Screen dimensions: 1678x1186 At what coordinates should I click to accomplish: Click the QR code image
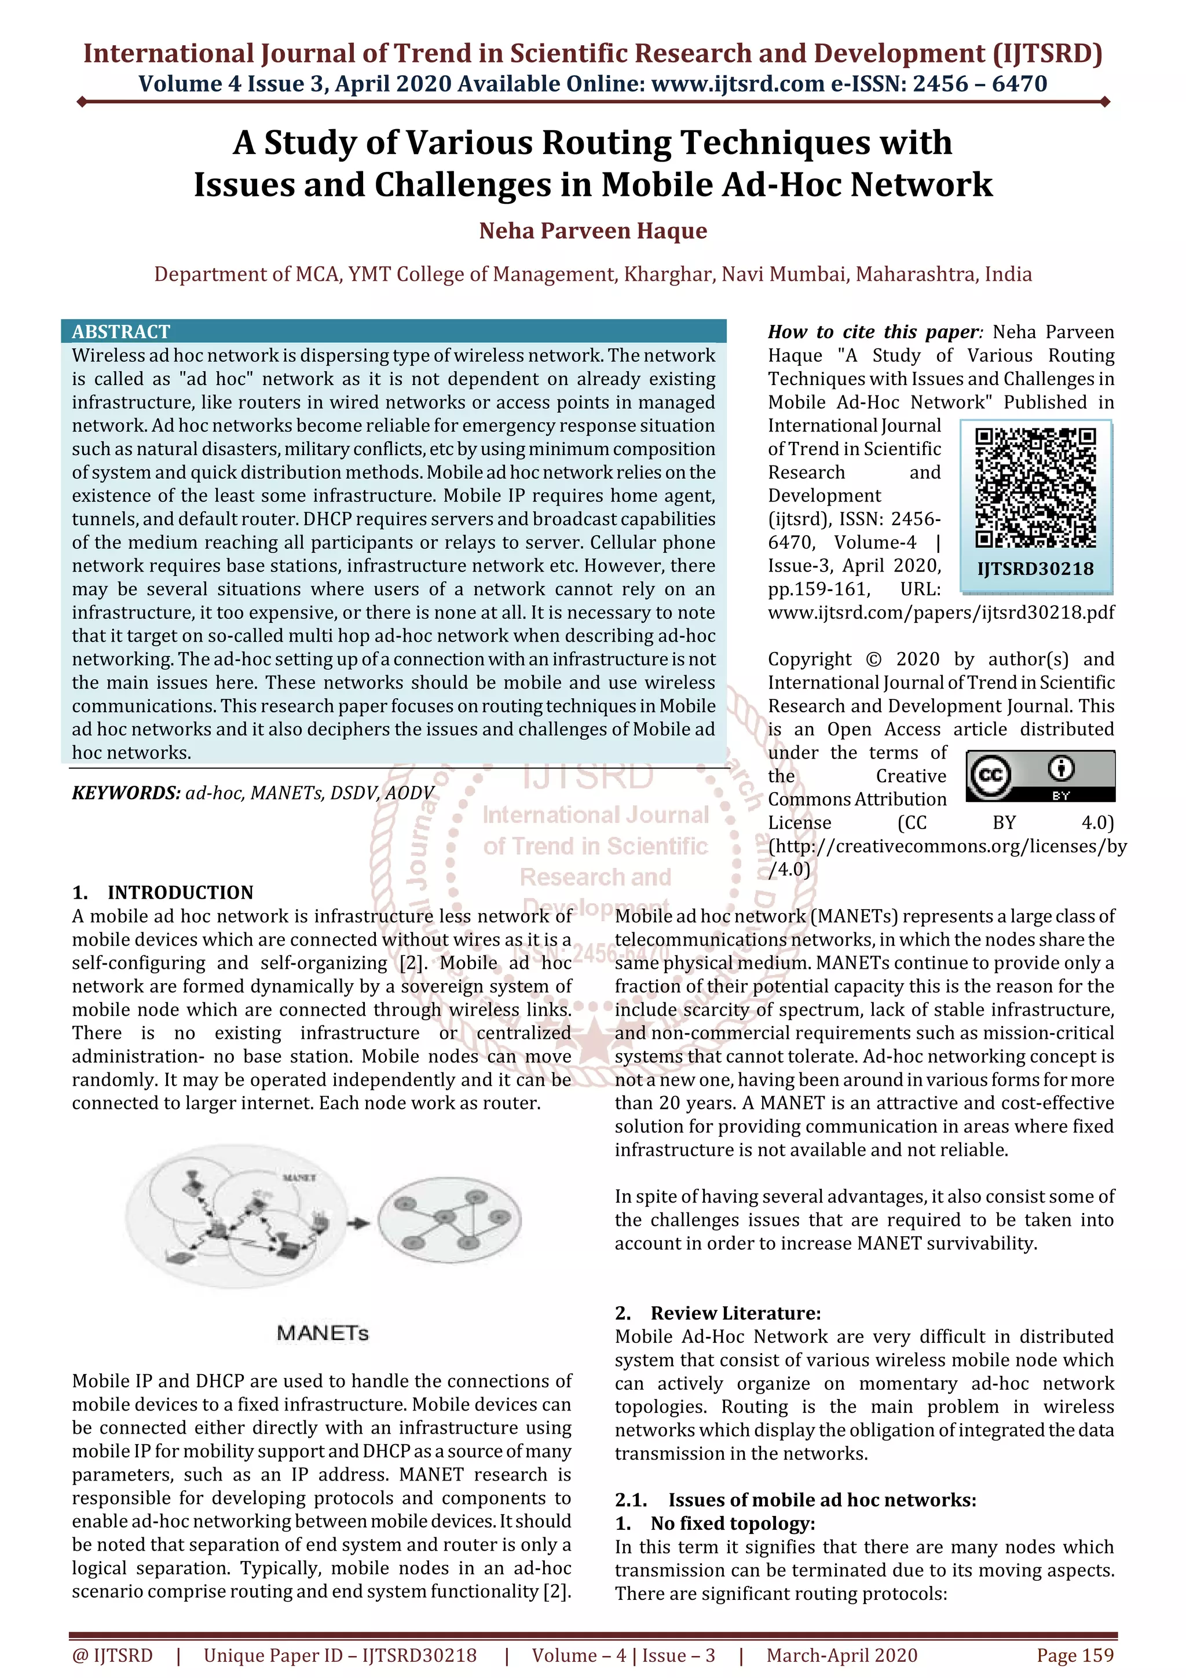point(1035,488)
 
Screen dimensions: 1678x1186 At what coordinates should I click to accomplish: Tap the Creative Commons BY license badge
point(1040,776)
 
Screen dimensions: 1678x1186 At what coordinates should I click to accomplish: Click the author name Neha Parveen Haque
point(592,231)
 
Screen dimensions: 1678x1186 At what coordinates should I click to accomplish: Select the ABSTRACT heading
point(120,332)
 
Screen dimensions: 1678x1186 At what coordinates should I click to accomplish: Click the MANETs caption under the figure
point(322,1333)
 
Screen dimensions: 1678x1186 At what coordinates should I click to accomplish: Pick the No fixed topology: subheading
point(732,1524)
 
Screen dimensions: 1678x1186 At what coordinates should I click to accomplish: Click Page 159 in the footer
point(1075,1655)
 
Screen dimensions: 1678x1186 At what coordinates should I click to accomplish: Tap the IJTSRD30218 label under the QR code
point(1035,569)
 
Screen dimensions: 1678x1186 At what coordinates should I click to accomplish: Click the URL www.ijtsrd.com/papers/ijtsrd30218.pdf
point(941,613)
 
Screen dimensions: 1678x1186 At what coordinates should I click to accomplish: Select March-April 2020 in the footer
point(842,1655)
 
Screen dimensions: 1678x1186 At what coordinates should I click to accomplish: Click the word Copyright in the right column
point(809,659)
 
